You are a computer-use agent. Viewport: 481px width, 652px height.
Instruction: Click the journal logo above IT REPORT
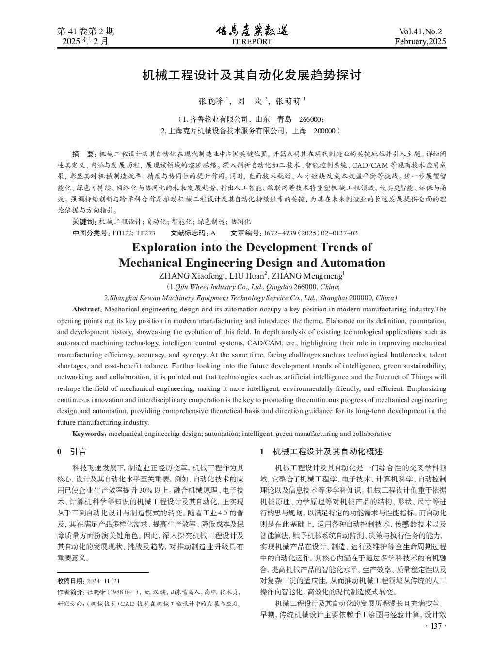[x=252, y=31]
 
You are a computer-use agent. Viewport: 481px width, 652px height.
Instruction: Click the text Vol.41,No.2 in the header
[x=420, y=31]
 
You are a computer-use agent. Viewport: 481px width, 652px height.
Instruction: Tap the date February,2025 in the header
[x=420, y=41]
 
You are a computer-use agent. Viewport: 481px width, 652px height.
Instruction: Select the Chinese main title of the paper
[x=252, y=76]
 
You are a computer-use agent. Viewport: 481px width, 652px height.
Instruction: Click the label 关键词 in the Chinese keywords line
[x=84, y=221]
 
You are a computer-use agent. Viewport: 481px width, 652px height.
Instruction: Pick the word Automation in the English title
[x=353, y=263]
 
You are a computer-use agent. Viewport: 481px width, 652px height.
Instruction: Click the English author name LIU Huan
[x=247, y=276]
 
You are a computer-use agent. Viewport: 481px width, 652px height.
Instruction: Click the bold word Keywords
[x=88, y=434]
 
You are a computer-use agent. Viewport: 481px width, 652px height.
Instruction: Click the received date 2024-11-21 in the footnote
[x=102, y=581]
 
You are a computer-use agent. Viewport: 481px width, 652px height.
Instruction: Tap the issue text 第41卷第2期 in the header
[x=86, y=31]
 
